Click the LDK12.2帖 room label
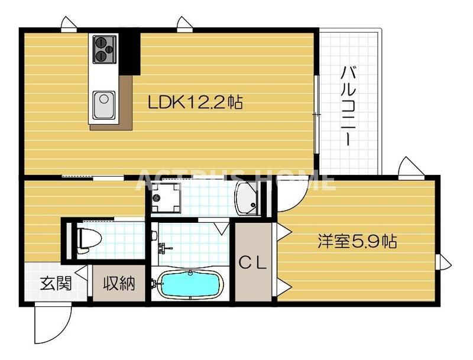pyautogui.click(x=195, y=103)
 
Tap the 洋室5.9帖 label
pyautogui.click(x=357, y=241)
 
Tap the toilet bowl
pyautogui.click(x=88, y=238)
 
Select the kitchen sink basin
pyautogui.click(x=103, y=105)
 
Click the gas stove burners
pyautogui.click(x=104, y=48)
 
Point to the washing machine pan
pyautogui.click(x=165, y=197)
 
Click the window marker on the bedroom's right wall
pyautogui.click(x=443, y=262)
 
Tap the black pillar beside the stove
pyautogui.click(x=129, y=53)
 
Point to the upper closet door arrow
pyautogui.click(x=282, y=231)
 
